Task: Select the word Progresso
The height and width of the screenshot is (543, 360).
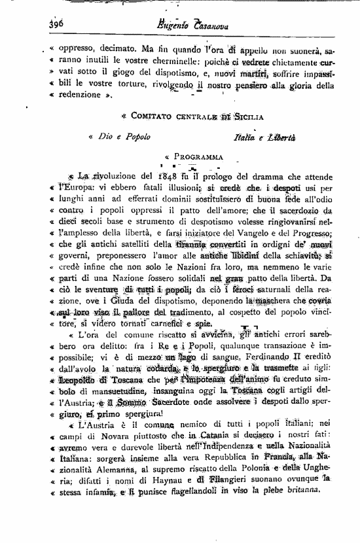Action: pos(306,228)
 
